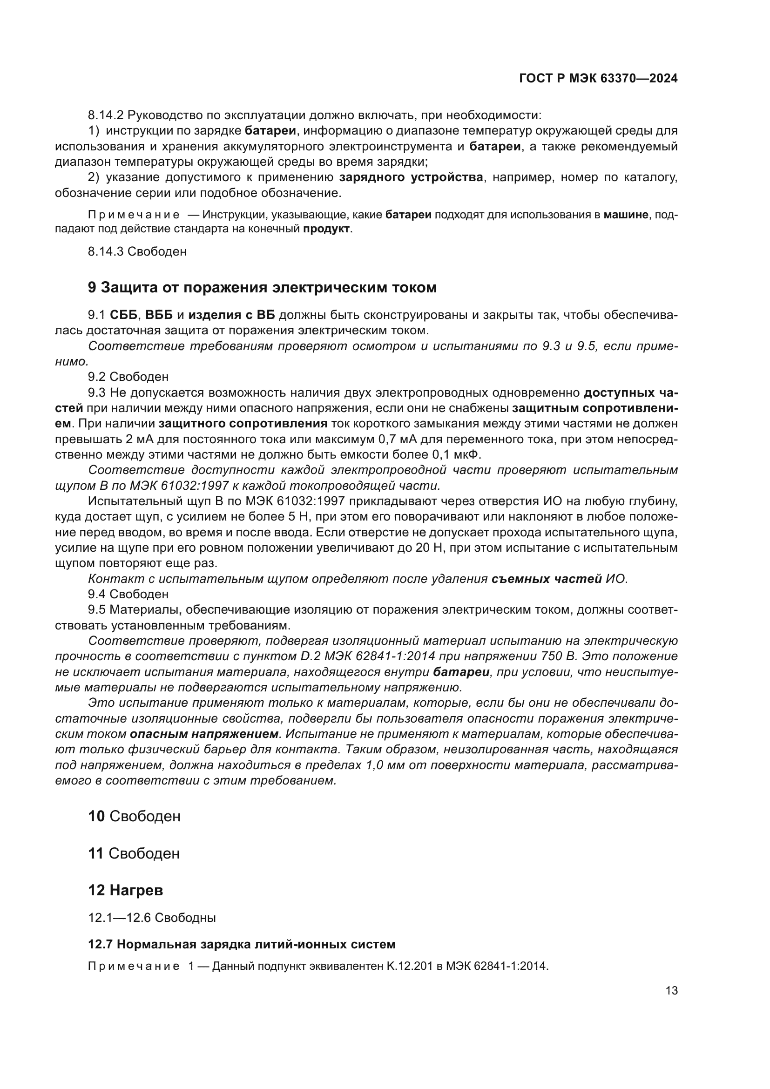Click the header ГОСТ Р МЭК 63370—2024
tap(598, 79)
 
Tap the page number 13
tap(671, 991)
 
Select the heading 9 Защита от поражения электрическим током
tap(262, 287)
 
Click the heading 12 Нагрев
tap(126, 890)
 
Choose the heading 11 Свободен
tap(134, 853)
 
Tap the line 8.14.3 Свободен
tap(137, 251)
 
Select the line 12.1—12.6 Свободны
tap(152, 918)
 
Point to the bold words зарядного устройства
tap(411, 178)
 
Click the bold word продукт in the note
tap(327, 229)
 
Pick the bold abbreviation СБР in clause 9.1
tap(123, 315)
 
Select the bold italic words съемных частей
tap(547, 579)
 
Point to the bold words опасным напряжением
tap(204, 734)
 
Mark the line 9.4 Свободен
tap(128, 594)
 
